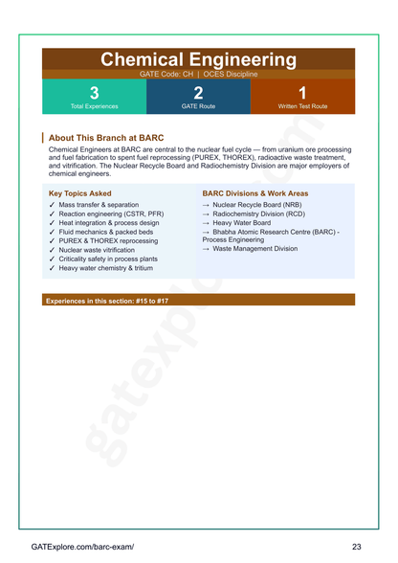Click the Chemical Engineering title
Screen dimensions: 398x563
tap(198, 59)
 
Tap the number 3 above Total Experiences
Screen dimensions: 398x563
tap(94, 93)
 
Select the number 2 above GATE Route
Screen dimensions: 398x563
tap(198, 93)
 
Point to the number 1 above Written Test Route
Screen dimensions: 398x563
tap(302, 93)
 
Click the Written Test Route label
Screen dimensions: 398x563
tap(302, 106)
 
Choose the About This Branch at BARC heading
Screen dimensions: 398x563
tap(106, 138)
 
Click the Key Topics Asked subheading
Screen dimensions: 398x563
tap(86, 193)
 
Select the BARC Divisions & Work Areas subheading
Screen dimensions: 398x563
tap(255, 193)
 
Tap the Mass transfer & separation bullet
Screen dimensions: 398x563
tap(99, 205)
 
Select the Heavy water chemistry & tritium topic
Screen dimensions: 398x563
tap(111, 268)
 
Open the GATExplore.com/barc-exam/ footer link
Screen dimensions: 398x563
tap(82, 546)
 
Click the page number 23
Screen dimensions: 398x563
tap(356, 546)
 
